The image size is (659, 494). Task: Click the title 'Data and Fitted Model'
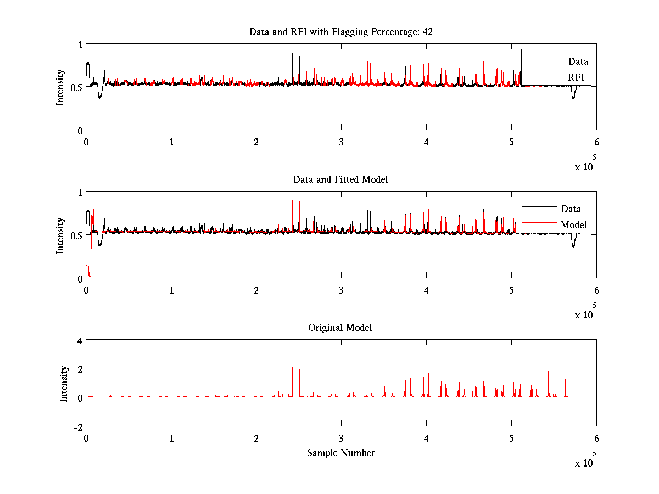(340, 179)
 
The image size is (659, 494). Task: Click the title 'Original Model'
(340, 328)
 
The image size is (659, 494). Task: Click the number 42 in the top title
(427, 32)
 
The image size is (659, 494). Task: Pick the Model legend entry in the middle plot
(573, 224)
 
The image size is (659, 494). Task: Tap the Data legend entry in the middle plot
(571, 209)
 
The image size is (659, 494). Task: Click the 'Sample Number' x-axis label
(340, 453)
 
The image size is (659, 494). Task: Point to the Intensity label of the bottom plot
(64, 383)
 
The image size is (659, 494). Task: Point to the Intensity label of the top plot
(60, 87)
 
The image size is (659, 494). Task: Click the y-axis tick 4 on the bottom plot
(79, 340)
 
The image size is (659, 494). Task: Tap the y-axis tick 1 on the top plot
(80, 46)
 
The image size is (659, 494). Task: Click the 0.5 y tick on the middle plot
(76, 235)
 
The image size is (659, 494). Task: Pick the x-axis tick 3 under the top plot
(341, 142)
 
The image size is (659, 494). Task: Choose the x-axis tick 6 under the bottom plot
(596, 438)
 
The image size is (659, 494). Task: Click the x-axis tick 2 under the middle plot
(256, 290)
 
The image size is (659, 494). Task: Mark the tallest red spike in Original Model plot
(292, 367)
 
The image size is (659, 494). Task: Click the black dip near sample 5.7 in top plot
(573, 97)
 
